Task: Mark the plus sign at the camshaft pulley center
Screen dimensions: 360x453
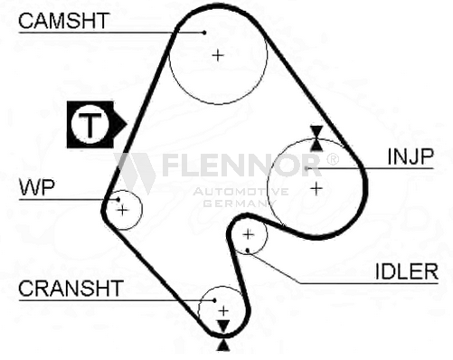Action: (217, 55)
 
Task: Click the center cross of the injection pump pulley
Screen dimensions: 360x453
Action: (316, 188)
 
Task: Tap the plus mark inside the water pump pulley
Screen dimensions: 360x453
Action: (124, 211)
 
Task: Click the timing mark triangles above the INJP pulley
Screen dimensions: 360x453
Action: (316, 137)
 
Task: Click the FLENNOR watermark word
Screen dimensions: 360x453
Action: (240, 166)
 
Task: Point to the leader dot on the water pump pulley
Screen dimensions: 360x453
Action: (115, 199)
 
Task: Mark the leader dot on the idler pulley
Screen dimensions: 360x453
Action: (247, 249)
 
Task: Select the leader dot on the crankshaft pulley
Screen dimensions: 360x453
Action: (213, 299)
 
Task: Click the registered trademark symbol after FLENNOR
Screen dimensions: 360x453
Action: (332, 159)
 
